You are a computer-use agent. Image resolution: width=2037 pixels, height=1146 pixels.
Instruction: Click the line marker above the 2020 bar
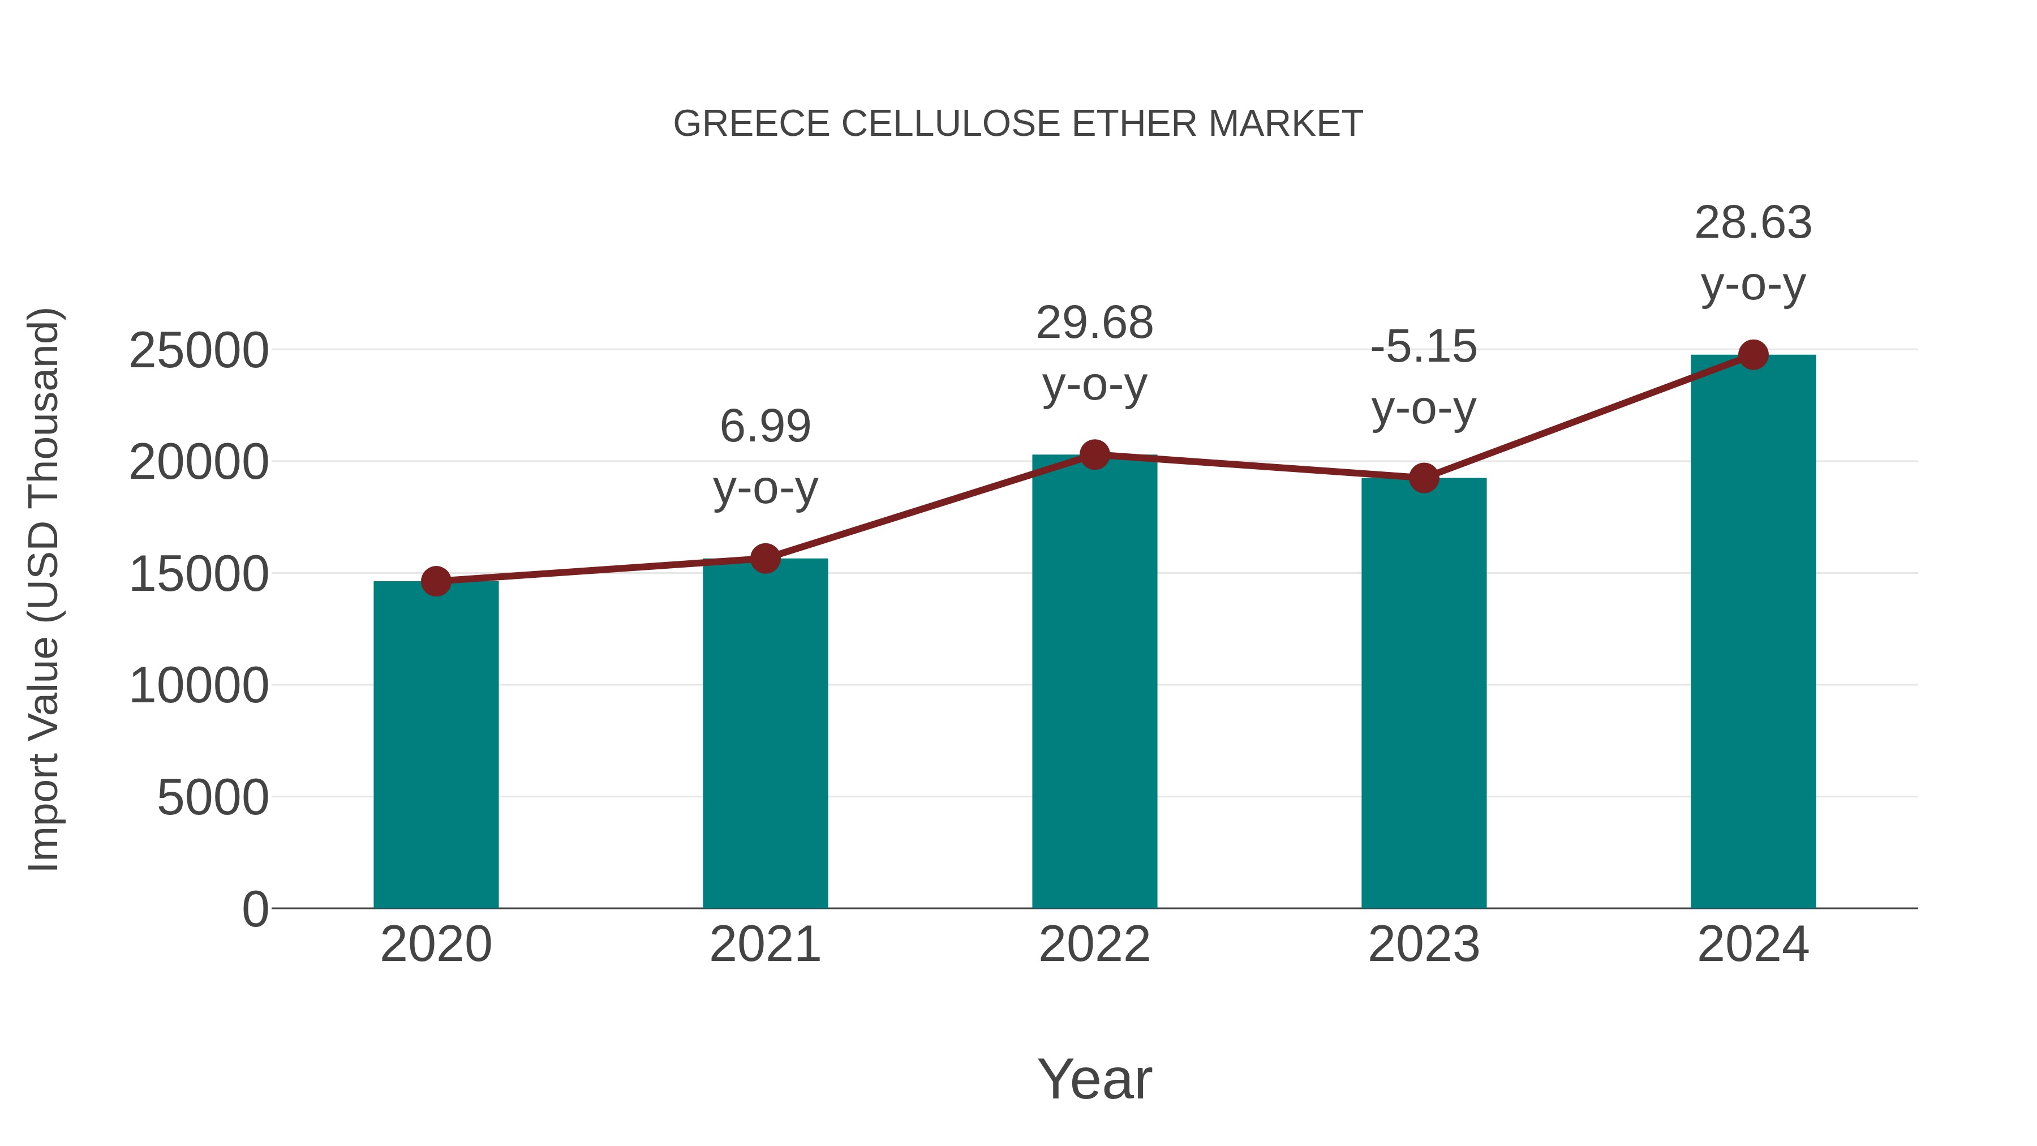click(436, 581)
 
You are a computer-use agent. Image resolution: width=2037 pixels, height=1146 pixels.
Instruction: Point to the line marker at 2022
click(1094, 455)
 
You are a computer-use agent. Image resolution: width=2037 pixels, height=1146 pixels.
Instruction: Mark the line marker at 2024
click(1753, 355)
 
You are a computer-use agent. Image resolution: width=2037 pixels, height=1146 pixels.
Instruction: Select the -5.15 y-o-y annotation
click(1424, 377)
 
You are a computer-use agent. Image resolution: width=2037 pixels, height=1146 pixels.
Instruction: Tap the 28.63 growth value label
click(1753, 223)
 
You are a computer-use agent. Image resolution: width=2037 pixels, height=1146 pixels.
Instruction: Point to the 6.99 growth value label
click(764, 426)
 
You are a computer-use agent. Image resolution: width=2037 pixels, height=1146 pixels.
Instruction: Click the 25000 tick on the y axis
click(199, 350)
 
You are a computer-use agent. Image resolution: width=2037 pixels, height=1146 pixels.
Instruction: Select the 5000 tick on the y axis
click(213, 797)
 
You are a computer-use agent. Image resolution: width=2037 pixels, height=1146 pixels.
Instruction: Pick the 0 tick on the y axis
click(255, 909)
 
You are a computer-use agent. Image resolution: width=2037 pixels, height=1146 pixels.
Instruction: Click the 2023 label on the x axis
click(1424, 945)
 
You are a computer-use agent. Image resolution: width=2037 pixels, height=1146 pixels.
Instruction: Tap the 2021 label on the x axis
click(764, 945)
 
